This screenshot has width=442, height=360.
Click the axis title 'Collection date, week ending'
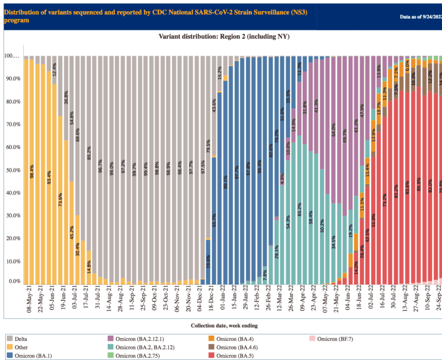tap(223, 326)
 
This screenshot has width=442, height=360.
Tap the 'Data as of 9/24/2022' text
tap(412, 17)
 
